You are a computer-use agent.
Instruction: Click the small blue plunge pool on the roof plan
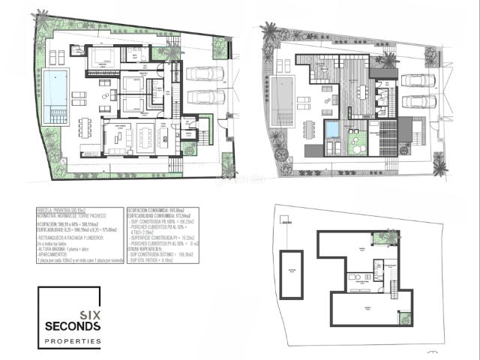332,130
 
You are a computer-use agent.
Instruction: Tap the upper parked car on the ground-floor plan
205,73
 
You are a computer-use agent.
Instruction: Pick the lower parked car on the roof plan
418,101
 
